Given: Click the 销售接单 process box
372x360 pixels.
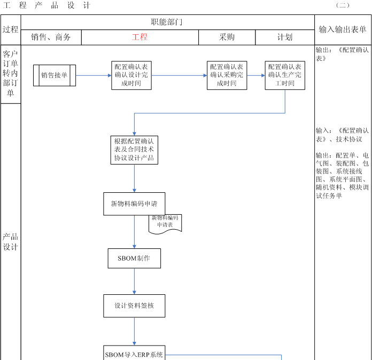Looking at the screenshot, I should [55, 75].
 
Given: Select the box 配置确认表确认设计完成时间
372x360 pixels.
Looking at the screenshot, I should [131, 75].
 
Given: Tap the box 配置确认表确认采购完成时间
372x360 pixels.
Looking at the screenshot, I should [227, 75].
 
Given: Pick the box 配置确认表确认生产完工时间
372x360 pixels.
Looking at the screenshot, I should [285, 75].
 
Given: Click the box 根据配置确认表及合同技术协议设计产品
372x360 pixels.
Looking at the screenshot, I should [134, 150].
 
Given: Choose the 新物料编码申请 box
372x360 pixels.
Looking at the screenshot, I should [134, 204].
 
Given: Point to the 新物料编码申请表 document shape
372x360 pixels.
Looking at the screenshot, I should [165, 222].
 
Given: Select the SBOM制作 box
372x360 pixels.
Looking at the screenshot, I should [134, 258].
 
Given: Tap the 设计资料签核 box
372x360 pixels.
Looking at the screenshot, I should [134, 306].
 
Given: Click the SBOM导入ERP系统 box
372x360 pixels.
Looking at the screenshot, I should [134, 354].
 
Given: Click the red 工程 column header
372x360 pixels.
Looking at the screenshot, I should [139, 37].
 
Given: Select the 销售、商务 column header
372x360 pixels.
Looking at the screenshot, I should [51, 37].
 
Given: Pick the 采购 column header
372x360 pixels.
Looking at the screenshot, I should [227, 37].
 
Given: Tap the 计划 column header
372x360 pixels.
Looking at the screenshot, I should [284, 37].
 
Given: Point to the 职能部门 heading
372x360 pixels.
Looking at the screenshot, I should [167, 22].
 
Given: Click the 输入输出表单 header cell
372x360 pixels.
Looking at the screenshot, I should [343, 30].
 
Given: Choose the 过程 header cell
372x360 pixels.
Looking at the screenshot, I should [11, 30].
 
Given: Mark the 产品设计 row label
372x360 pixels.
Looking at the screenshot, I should [11, 242].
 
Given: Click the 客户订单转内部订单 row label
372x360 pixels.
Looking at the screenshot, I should [11, 74].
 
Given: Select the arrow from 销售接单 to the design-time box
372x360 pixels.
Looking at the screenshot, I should [94, 75].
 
